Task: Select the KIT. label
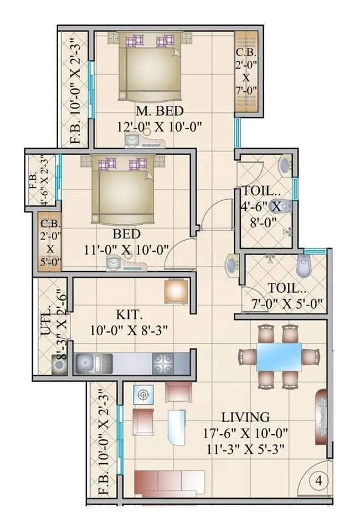pyautogui.click(x=130, y=315)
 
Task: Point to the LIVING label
pyautogui.click(x=245, y=417)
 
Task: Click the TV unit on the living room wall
pyautogui.click(x=322, y=415)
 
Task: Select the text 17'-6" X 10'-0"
pyautogui.click(x=245, y=433)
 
